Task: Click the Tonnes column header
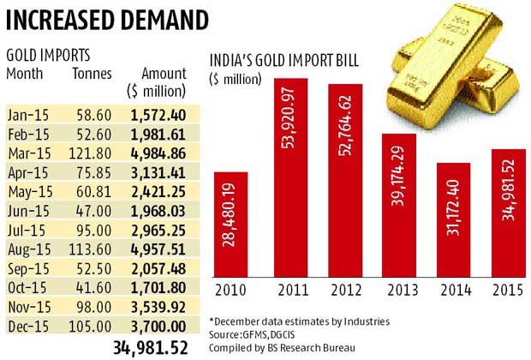[92, 74]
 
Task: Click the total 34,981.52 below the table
[152, 346]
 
